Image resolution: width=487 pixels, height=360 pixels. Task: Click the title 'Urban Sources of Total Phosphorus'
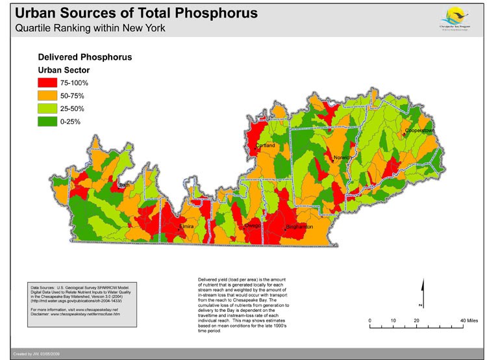136,13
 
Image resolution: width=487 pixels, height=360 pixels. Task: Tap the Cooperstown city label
419,131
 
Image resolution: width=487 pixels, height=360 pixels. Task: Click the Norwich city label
342,158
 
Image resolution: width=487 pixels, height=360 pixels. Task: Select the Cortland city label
266,146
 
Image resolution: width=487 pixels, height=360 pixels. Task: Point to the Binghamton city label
299,227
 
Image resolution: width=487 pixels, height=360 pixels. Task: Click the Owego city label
253,225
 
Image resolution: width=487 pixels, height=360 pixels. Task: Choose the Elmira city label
189,227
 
